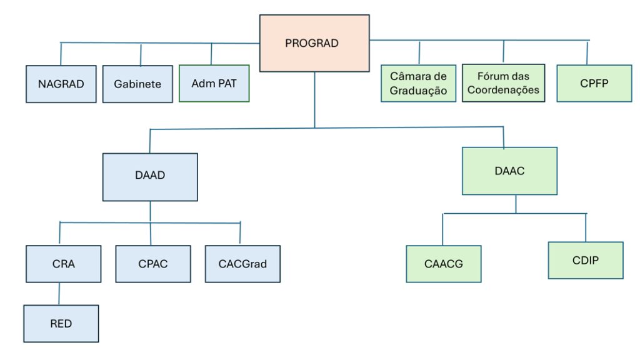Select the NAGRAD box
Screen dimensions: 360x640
coord(61,84)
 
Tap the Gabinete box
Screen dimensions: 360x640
coord(137,84)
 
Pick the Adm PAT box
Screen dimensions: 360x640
coord(214,83)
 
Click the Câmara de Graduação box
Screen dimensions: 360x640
coord(418,83)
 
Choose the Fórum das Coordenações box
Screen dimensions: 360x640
coord(503,83)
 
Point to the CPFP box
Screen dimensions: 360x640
coord(594,82)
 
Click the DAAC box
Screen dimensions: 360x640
coord(509,171)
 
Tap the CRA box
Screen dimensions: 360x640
coord(64,264)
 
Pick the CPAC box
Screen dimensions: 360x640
coord(153,264)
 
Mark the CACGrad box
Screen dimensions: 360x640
coord(242,264)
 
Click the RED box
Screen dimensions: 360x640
coord(61,324)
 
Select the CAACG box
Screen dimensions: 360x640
coord(444,264)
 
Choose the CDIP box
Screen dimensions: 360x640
coord(586,260)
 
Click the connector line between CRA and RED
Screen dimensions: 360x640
coord(60,293)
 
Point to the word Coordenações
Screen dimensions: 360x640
coord(503,90)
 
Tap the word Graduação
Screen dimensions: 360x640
coord(419,90)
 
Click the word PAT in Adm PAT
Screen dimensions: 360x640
coord(226,83)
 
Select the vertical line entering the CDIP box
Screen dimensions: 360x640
coord(586,227)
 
